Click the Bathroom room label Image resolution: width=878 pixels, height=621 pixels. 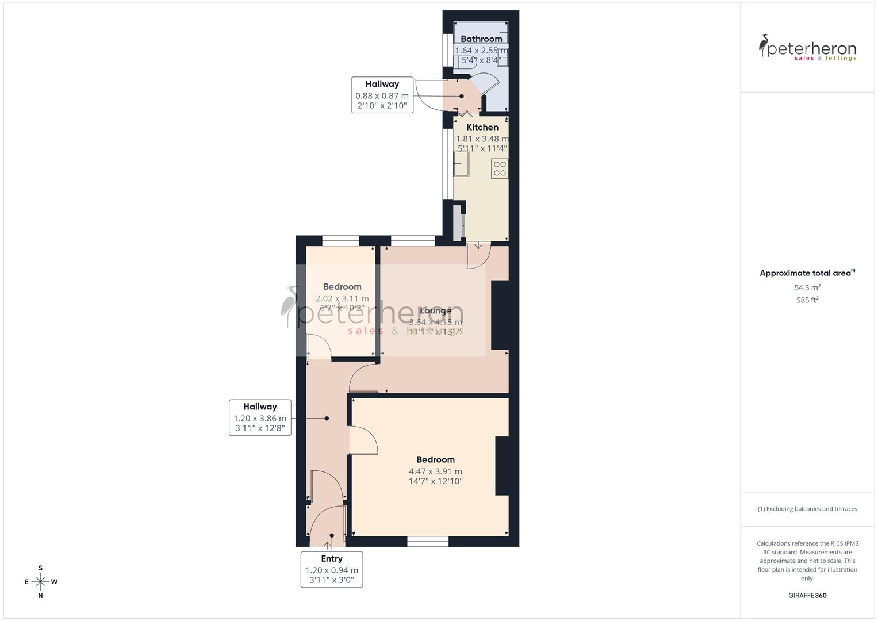(481, 39)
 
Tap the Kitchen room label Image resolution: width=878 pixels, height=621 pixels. (482, 128)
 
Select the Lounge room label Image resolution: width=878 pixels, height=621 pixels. (435, 311)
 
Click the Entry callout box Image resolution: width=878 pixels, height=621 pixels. (332, 569)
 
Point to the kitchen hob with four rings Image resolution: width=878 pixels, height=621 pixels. (500, 168)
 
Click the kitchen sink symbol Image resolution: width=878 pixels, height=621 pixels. (461, 165)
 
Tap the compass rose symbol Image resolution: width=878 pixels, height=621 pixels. (40, 582)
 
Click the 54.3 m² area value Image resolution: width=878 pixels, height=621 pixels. (807, 287)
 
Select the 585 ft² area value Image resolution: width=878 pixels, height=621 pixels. (807, 300)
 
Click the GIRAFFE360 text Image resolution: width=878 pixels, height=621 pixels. (807, 596)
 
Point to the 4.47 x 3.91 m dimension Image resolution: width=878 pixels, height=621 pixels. (435, 471)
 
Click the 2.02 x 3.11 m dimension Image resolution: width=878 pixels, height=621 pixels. (342, 299)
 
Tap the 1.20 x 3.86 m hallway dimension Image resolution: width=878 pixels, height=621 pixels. (260, 419)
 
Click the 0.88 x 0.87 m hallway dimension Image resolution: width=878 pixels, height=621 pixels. (382, 96)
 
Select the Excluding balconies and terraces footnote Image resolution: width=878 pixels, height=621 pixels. (807, 509)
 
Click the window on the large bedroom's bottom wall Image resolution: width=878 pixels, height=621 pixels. (428, 541)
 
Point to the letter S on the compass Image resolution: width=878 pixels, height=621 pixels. (40, 568)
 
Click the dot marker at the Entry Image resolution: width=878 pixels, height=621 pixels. (332, 535)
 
